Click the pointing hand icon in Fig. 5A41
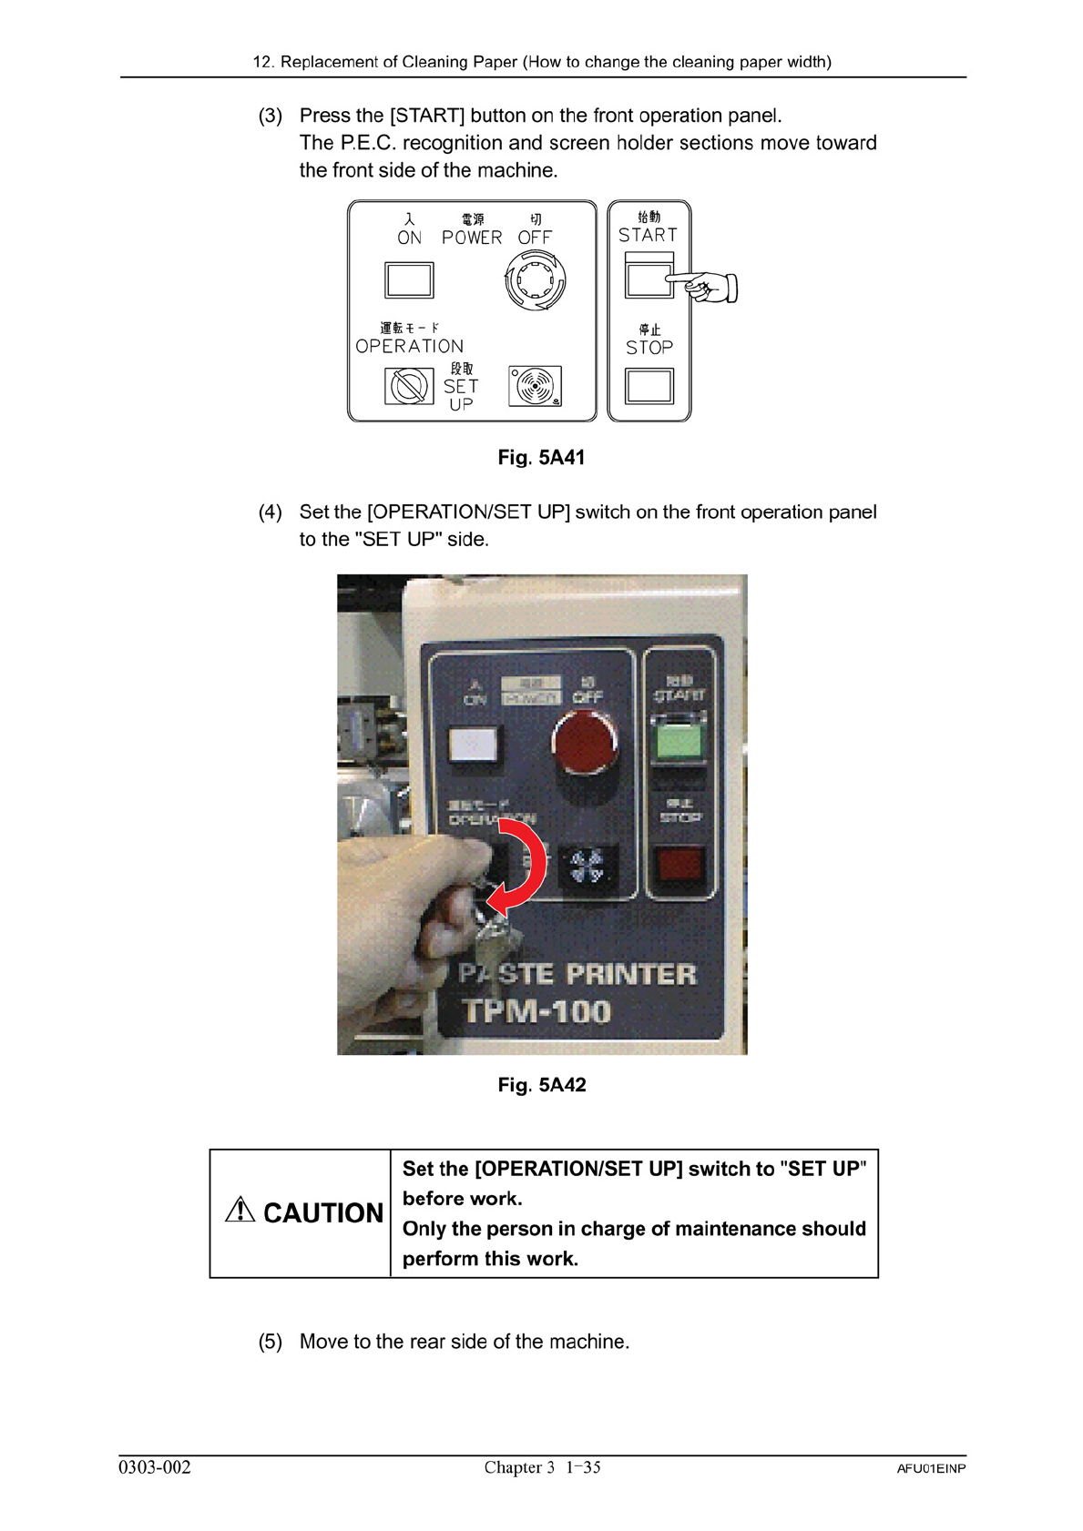[x=708, y=287]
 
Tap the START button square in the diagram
[x=648, y=277]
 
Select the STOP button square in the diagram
[x=649, y=386]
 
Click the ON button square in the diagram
[x=409, y=280]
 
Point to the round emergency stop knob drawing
[x=536, y=280]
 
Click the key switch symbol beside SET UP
[x=409, y=386]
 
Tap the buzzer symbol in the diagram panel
[x=536, y=386]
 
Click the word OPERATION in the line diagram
[x=409, y=346]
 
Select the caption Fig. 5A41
[x=541, y=457]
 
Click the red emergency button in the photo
[x=584, y=743]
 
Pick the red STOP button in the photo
[x=679, y=865]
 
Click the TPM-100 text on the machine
[x=536, y=1011]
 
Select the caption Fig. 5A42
[x=541, y=1084]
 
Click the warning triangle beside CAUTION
[x=240, y=1210]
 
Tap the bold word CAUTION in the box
[x=323, y=1213]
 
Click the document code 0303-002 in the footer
[x=155, y=1466]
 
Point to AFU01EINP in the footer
[x=930, y=1468]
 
